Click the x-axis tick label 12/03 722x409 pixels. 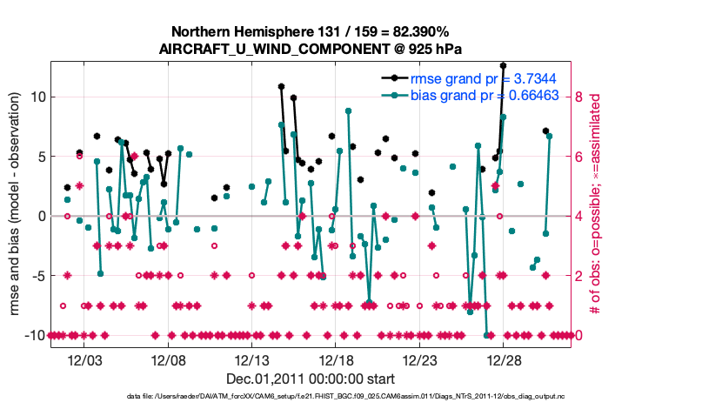(91, 360)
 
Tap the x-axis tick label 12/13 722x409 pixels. (251, 360)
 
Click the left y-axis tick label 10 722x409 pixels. (37, 97)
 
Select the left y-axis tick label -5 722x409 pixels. (37, 276)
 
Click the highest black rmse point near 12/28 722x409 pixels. (503, 65)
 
